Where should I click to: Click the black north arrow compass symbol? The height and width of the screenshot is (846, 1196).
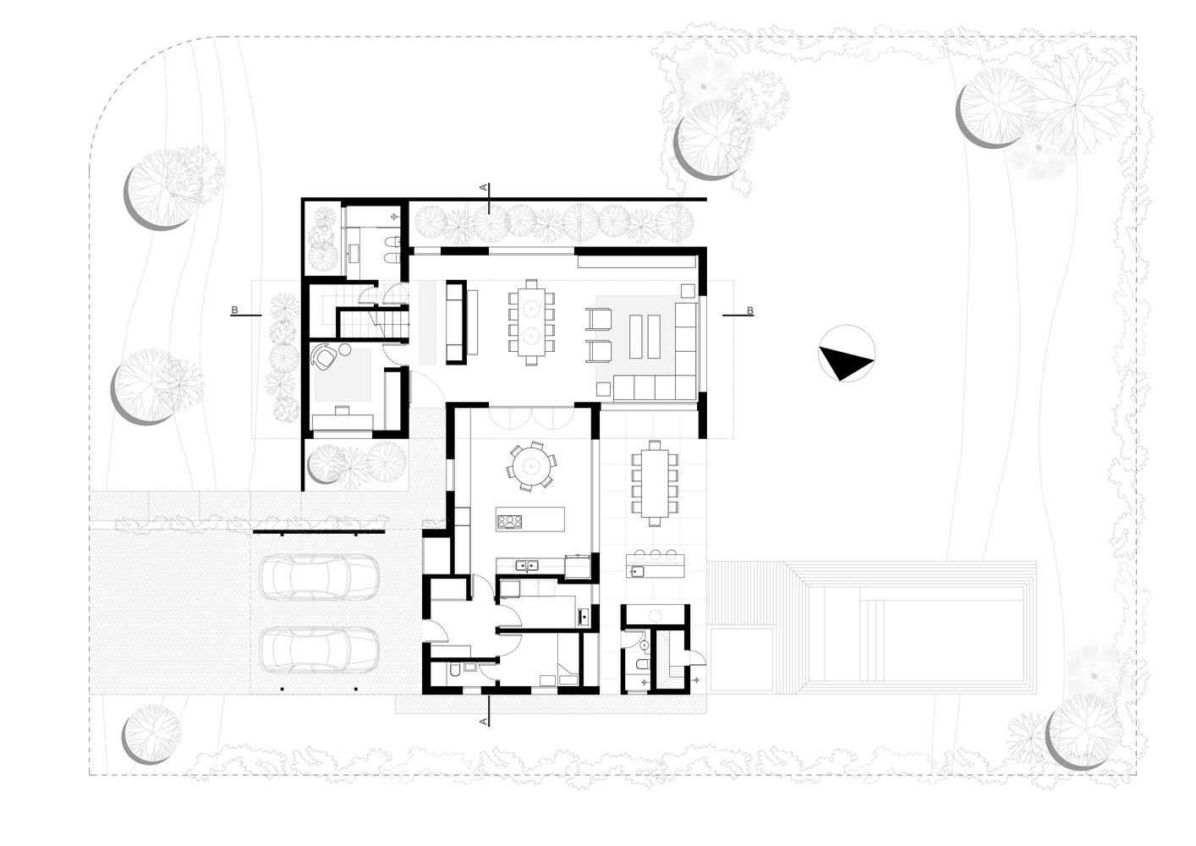[847, 353]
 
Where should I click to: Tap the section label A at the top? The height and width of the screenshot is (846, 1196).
[483, 187]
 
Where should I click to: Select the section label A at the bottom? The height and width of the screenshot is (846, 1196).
[484, 722]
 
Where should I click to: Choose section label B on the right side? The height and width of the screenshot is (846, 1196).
[749, 310]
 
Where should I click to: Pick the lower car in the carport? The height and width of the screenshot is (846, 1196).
[319, 650]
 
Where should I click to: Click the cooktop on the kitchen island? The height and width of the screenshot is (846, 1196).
[509, 521]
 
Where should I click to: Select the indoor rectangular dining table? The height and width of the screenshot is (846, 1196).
[531, 322]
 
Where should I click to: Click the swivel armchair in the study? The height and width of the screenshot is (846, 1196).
[324, 356]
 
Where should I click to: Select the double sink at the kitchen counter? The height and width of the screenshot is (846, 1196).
[526, 564]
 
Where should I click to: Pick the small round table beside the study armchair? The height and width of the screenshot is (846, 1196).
[345, 349]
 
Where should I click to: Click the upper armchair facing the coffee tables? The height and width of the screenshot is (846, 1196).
[599, 320]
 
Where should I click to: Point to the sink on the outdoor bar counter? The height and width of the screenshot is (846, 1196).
[636, 572]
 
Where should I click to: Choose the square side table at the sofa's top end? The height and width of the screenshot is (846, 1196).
[688, 291]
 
